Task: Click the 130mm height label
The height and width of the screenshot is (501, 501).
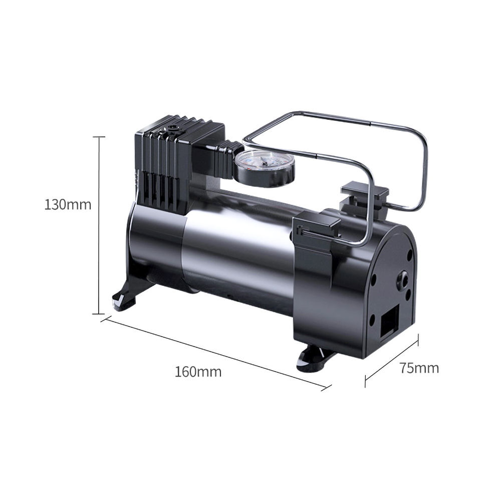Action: click(68, 204)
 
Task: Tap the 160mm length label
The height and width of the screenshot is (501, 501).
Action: click(198, 372)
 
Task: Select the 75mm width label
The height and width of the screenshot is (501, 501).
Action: click(419, 368)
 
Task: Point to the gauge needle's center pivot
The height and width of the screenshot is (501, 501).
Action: click(264, 162)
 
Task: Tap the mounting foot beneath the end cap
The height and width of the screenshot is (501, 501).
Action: click(316, 359)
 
